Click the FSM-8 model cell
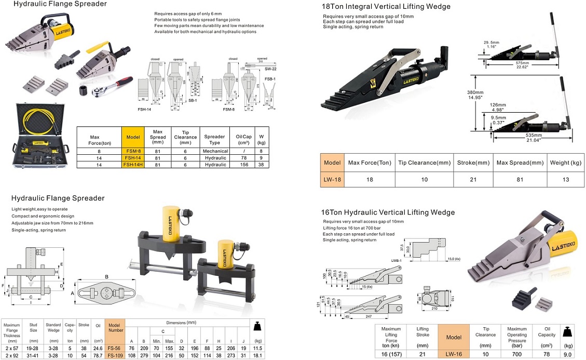click(133, 150)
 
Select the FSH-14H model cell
click(133, 165)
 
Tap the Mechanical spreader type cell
click(214, 150)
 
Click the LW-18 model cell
click(332, 179)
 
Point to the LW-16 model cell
click(453, 354)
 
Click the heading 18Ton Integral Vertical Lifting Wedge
click(386, 7)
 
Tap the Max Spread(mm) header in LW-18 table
click(520, 163)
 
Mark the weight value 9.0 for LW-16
click(568, 354)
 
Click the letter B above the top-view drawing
click(106, 277)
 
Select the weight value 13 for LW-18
click(565, 179)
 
